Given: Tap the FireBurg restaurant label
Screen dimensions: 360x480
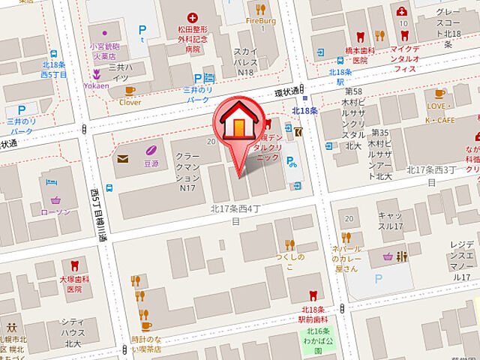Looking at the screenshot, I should pos(260,20).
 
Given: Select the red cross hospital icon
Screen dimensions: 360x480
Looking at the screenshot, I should pos(193,16).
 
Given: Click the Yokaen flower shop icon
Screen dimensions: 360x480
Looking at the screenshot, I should pos(96,74).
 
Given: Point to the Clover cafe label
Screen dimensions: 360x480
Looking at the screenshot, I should pos(130,102).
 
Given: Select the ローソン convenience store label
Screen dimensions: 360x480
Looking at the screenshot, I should pos(57,211).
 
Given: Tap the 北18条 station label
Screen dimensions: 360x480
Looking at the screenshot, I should pos(305,110).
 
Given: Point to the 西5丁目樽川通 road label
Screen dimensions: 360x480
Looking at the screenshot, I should pos(98,214).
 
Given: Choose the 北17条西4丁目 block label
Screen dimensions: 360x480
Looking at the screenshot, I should pos(235,215).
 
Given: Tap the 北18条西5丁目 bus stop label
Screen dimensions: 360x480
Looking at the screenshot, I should pos(53,70).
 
